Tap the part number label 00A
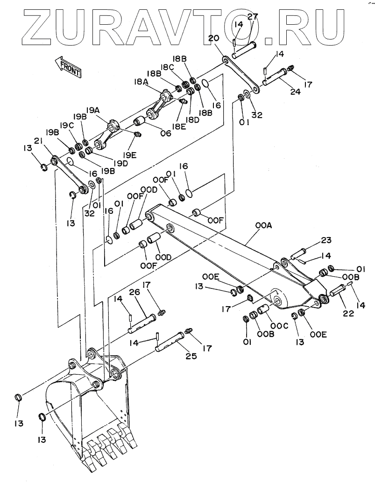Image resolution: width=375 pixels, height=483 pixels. tap(263, 226)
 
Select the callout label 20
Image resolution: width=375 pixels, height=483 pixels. tap(214, 39)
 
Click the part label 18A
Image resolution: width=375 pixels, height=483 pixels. tap(141, 82)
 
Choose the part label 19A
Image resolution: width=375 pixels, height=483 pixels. tap(93, 111)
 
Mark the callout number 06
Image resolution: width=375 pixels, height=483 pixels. tap(165, 133)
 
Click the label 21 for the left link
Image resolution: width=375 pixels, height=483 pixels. tap(38, 141)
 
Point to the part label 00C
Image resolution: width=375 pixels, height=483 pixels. tap(280, 326)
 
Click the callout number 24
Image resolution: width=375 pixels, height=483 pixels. tap(295, 91)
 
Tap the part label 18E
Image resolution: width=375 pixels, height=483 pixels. tap(178, 126)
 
